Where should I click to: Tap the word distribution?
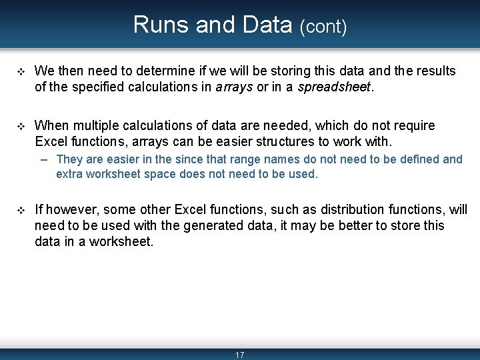coord(329,210)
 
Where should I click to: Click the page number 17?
coord(240,355)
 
